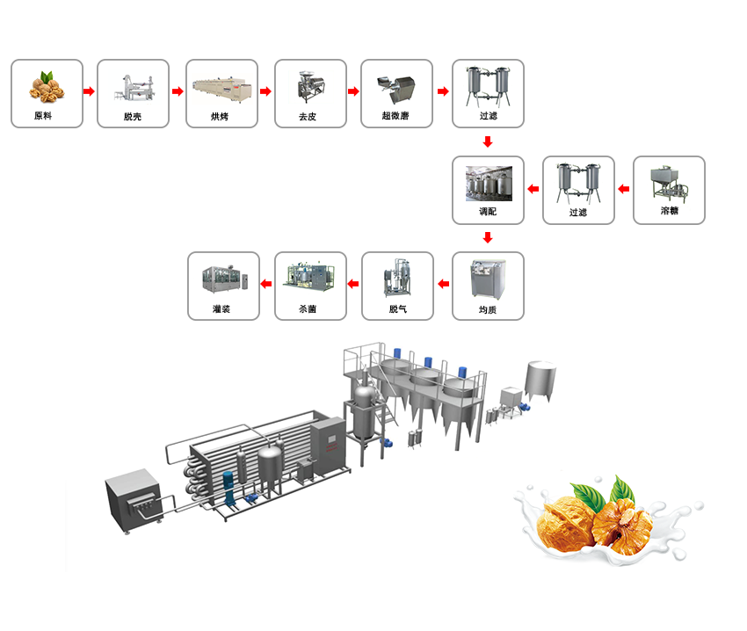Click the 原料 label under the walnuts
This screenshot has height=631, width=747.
(x=43, y=116)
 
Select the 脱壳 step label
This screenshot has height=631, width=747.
(x=133, y=116)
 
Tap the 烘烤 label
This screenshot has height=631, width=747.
(x=220, y=116)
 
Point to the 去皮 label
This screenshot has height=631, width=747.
(x=309, y=116)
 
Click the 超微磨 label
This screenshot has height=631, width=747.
(x=395, y=116)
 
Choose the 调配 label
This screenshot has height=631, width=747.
(x=488, y=212)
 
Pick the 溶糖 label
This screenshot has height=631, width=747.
(x=669, y=211)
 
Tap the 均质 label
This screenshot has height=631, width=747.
(x=488, y=309)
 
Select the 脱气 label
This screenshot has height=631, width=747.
(x=397, y=309)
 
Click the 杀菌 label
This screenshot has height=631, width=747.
(x=308, y=309)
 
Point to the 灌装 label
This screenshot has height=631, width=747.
(x=221, y=309)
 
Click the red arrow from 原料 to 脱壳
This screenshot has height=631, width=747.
(x=89, y=91)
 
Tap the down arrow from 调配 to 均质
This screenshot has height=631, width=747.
(x=488, y=237)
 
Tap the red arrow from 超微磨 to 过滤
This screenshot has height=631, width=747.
(x=443, y=91)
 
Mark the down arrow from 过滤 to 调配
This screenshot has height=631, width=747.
(x=488, y=141)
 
